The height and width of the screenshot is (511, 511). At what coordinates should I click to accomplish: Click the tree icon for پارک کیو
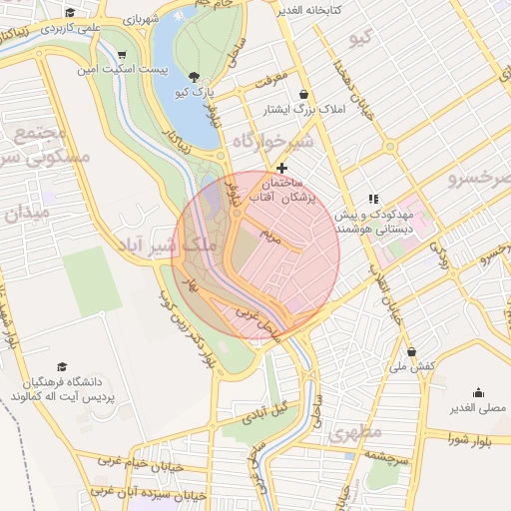pos(194,76)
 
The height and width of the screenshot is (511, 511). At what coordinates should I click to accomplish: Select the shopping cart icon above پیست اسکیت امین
pos(122,55)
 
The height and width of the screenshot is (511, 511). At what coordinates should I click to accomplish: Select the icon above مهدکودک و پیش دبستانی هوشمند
pos(374,199)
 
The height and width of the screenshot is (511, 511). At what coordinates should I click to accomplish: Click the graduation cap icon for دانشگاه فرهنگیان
pos(62,367)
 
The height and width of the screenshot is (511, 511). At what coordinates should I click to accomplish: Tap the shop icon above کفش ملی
pos(412,351)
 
